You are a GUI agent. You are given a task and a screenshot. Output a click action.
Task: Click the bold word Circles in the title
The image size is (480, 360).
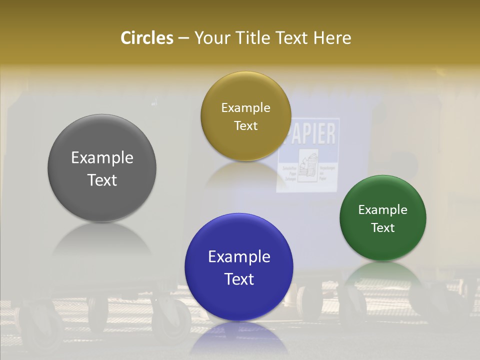[x=146, y=38]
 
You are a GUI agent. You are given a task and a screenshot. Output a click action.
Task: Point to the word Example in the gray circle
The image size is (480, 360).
[x=102, y=158]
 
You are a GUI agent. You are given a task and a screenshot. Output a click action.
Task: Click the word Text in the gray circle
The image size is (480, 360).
[x=102, y=180]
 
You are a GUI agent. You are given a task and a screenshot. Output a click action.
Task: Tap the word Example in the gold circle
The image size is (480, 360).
[x=245, y=108]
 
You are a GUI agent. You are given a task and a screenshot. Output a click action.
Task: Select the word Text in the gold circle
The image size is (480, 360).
[x=245, y=126]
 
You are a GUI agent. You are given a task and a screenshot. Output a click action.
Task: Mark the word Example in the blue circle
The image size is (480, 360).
[x=239, y=257]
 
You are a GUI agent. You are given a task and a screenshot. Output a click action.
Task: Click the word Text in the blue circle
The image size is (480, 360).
[x=239, y=279]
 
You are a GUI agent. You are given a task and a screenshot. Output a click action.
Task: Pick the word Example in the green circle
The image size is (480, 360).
[x=382, y=210]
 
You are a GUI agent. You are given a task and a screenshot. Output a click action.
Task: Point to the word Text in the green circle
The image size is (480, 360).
[x=382, y=228]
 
